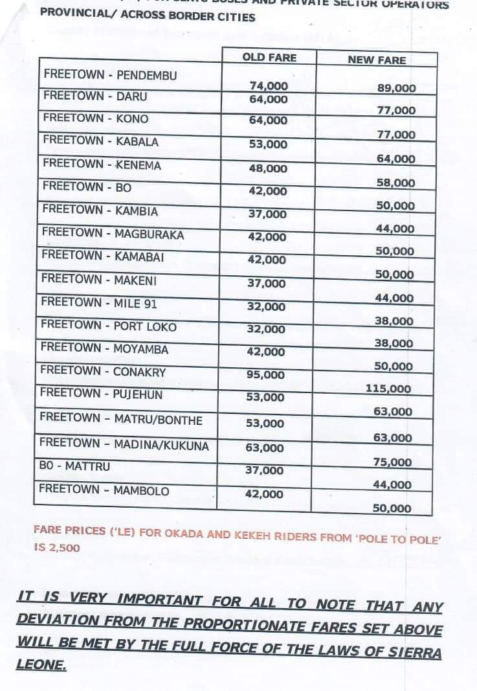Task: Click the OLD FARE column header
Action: pyautogui.click(x=269, y=58)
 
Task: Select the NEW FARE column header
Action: pyautogui.click(x=377, y=60)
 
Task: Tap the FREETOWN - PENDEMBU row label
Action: pyautogui.click(x=110, y=75)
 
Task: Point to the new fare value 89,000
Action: pyautogui.click(x=396, y=88)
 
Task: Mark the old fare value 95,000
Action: pyautogui.click(x=265, y=374)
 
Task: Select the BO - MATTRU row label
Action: pyautogui.click(x=75, y=466)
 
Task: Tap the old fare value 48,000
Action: pyautogui.click(x=267, y=168)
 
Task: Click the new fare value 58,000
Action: pyautogui.click(x=395, y=183)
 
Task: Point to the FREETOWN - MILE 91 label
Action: pyautogui.click(x=99, y=303)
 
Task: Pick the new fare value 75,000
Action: pyautogui.click(x=392, y=462)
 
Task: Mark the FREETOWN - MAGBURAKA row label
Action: pyautogui.click(x=113, y=234)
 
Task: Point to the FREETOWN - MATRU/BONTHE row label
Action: pyautogui.click(x=121, y=420)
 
